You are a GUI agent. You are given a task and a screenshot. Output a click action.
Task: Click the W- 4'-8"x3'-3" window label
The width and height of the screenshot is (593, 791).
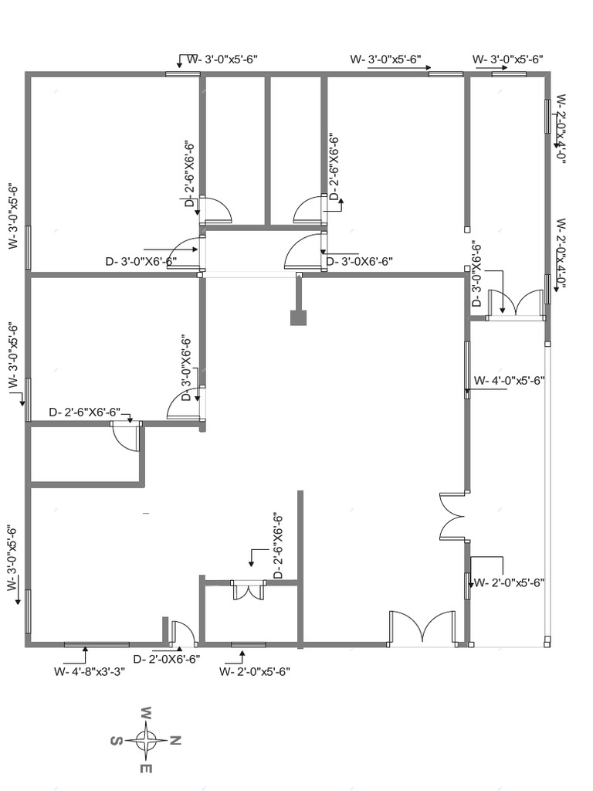[90, 671]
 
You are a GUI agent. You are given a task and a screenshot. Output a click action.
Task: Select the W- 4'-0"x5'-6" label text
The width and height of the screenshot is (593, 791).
[510, 380]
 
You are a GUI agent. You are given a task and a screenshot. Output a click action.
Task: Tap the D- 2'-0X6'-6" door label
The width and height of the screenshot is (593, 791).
[167, 659]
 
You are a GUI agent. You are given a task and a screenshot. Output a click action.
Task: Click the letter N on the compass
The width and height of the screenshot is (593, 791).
[175, 741]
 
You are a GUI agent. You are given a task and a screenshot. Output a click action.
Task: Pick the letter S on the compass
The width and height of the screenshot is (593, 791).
[116, 741]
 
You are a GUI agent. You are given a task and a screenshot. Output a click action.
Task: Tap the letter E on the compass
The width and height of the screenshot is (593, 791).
[146, 769]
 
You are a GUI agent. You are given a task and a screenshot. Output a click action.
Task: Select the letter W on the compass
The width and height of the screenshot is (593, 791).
[146, 711]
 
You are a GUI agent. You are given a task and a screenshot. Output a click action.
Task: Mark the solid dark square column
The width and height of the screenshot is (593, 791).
[299, 317]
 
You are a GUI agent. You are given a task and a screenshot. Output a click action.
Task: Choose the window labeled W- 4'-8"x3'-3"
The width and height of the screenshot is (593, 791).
[97, 643]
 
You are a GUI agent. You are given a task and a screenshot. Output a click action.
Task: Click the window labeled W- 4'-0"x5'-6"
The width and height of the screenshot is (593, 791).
[468, 369]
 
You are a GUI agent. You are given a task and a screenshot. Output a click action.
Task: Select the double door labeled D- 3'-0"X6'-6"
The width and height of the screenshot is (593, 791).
[520, 304]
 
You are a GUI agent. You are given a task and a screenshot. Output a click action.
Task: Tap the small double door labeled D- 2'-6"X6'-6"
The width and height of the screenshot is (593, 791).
[249, 590]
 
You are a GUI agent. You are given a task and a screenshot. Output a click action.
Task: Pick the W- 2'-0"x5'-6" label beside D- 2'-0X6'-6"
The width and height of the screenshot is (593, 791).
[254, 671]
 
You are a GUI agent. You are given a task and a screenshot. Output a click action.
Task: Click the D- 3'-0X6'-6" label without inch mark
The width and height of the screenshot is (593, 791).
[360, 262]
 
